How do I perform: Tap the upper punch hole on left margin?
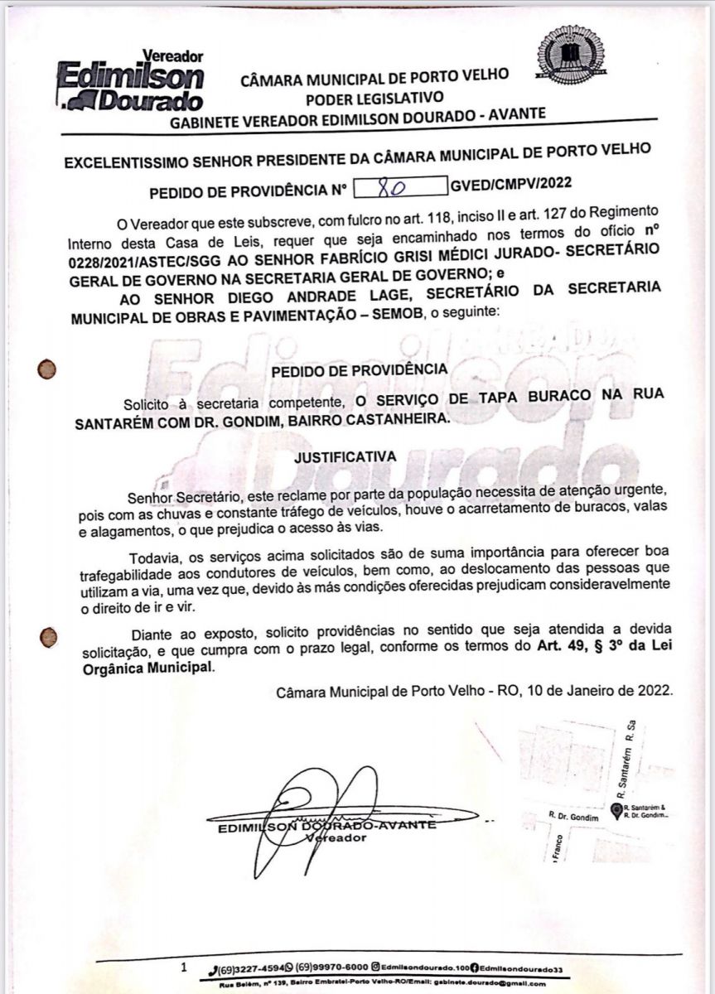[x=46, y=369]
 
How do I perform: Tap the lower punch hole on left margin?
[x=49, y=636]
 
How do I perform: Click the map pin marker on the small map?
[x=616, y=810]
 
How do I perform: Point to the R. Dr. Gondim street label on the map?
[x=572, y=815]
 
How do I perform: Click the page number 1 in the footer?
[x=184, y=967]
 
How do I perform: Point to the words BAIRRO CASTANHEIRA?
[x=382, y=420]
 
